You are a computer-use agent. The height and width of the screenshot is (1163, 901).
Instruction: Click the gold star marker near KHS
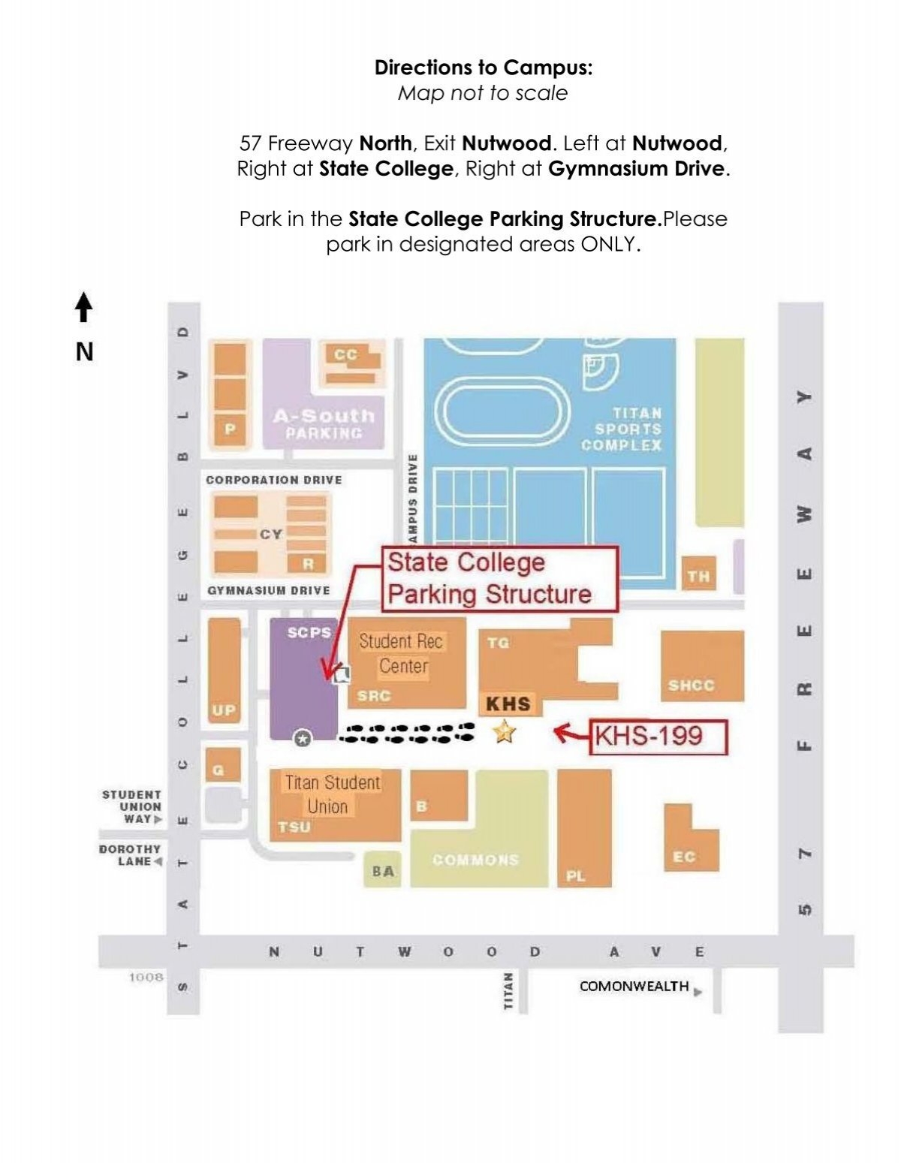[504, 731]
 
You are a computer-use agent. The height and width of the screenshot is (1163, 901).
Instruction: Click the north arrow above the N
[84, 307]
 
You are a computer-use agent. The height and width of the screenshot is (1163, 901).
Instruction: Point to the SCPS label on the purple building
[309, 633]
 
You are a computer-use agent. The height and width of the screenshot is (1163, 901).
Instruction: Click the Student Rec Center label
[402, 653]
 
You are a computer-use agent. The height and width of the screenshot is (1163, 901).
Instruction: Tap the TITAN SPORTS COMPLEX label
[621, 429]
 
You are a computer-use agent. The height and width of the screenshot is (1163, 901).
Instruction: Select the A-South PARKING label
[324, 423]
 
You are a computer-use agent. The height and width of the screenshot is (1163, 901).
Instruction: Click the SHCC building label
[691, 685]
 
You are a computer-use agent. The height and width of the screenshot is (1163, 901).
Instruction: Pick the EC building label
[683, 857]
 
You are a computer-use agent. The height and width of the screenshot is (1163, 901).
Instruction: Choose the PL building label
[576, 875]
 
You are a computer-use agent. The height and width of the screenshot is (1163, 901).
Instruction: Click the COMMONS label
[475, 860]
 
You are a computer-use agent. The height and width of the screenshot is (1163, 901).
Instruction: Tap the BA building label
[382, 871]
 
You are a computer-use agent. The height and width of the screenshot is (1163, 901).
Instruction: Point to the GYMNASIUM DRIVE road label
[269, 591]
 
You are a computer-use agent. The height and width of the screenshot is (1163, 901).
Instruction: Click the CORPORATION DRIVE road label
[274, 480]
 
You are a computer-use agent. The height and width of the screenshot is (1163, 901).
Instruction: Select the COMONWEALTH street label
[634, 986]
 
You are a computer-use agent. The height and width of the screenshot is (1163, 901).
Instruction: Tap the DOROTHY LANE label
[131, 855]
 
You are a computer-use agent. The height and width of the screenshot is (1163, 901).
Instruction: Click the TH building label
[698, 577]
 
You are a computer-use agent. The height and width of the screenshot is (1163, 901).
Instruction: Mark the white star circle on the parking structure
[302, 740]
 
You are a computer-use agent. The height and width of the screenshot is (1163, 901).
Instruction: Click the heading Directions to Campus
[484, 68]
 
